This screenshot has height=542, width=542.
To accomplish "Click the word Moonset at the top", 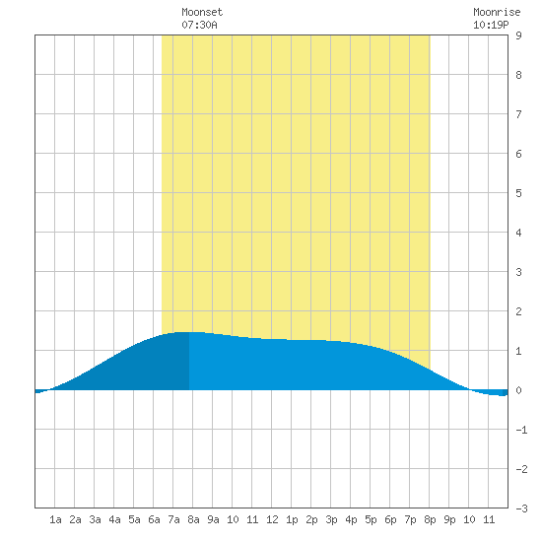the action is pyautogui.click(x=202, y=12).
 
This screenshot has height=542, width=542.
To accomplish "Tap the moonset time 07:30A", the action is pyautogui.click(x=199, y=25).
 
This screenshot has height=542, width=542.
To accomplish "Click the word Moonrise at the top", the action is pyautogui.click(x=497, y=12).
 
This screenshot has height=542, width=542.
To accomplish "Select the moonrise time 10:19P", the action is pyautogui.click(x=491, y=25).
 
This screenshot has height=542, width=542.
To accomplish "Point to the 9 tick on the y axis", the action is pyautogui.click(x=518, y=35).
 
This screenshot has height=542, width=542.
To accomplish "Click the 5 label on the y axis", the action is pyautogui.click(x=518, y=193).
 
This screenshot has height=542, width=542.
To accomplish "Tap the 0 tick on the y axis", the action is pyautogui.click(x=518, y=390).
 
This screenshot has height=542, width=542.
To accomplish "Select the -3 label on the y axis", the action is pyautogui.click(x=521, y=508).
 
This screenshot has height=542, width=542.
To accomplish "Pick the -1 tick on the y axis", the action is pyautogui.click(x=521, y=430).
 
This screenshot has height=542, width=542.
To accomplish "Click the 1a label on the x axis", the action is pyautogui.click(x=55, y=519).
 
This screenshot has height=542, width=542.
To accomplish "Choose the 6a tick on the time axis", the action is pyautogui.click(x=154, y=519).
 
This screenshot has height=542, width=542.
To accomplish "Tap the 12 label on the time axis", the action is pyautogui.click(x=272, y=519).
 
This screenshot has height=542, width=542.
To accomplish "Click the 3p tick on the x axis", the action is pyautogui.click(x=331, y=519).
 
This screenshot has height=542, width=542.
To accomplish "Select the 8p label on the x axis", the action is pyautogui.click(x=430, y=519).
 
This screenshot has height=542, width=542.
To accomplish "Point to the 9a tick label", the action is pyautogui.click(x=213, y=519).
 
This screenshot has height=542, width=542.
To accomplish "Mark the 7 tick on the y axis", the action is pyautogui.click(x=518, y=114).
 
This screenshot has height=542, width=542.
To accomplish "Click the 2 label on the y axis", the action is pyautogui.click(x=518, y=311).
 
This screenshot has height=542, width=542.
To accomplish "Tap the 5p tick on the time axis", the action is pyautogui.click(x=371, y=519).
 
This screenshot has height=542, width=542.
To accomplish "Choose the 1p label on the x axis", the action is pyautogui.click(x=292, y=519).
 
